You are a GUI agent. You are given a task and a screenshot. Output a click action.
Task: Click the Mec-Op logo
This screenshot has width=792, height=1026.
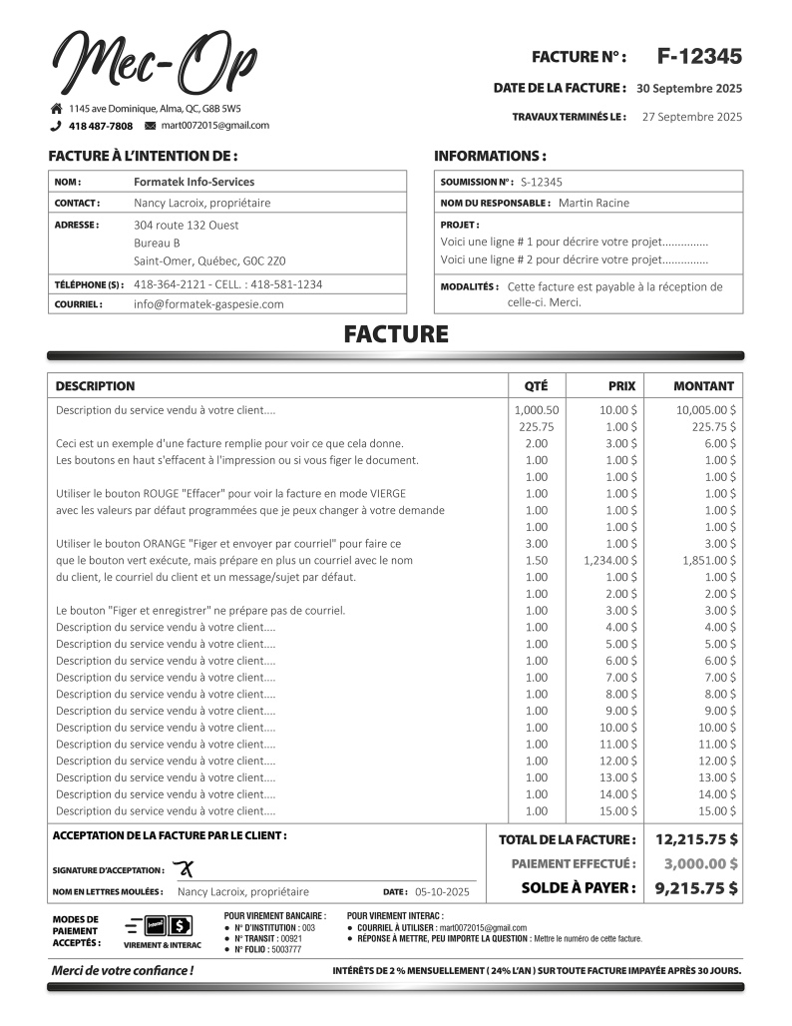tap(155, 62)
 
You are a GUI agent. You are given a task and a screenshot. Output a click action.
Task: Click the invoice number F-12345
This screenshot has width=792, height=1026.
tap(699, 57)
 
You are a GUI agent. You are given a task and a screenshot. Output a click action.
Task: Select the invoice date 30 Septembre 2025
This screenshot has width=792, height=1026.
tap(689, 88)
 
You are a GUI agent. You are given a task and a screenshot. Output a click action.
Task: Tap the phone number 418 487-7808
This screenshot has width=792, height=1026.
tap(100, 126)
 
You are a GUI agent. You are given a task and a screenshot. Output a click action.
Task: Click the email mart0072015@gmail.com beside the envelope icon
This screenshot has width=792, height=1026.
tap(214, 126)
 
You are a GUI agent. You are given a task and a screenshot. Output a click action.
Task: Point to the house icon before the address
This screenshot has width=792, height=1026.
tap(57, 108)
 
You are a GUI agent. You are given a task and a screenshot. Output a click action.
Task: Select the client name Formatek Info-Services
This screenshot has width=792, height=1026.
tap(194, 182)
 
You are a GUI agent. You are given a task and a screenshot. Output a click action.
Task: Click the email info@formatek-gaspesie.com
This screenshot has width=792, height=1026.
tap(208, 303)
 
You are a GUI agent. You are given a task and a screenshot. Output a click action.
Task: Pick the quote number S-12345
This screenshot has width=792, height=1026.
tap(542, 182)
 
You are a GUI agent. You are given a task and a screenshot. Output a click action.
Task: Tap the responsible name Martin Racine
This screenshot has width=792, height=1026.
tap(594, 203)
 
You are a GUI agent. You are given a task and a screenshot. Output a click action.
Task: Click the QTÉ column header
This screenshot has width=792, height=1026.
tap(536, 386)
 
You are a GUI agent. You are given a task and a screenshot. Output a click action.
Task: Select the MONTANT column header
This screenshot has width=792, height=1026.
tap(703, 386)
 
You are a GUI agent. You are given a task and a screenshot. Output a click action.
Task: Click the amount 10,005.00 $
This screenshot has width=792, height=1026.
tap(706, 409)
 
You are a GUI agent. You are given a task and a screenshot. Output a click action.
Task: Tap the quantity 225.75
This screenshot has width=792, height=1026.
tap(536, 426)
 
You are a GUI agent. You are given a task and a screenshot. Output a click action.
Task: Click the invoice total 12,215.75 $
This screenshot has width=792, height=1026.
tap(696, 839)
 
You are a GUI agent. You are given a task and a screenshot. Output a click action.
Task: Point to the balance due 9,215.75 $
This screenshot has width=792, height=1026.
tap(696, 887)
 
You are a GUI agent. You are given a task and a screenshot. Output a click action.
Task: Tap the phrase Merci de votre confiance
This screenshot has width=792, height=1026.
tap(123, 970)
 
